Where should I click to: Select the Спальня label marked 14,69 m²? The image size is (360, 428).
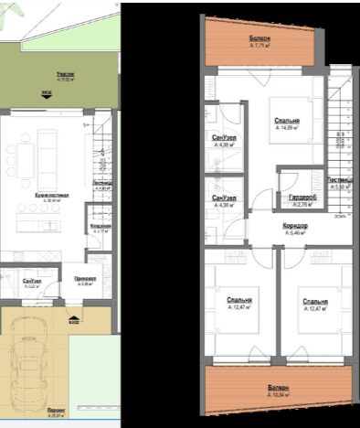tap(288, 121)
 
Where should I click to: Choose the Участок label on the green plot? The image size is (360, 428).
tap(68, 74)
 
